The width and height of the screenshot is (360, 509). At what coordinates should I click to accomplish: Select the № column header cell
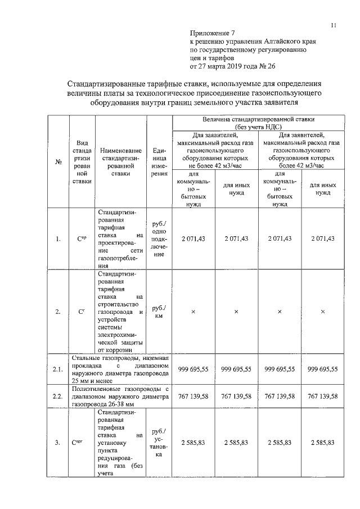[58, 163]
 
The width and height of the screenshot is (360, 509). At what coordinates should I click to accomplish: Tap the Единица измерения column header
[159, 162]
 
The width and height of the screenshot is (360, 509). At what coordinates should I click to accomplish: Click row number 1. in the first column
[58, 239]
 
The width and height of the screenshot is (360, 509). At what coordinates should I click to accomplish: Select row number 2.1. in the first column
[57, 369]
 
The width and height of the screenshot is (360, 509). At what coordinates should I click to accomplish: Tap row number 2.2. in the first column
[57, 397]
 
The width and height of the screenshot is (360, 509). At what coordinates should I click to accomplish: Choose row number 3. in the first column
[58, 443]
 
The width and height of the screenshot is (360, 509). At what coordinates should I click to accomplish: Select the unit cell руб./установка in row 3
[159, 443]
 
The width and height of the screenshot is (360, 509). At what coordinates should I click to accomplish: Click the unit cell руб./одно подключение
[159, 239]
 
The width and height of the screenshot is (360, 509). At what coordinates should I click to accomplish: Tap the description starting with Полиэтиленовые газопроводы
[120, 397]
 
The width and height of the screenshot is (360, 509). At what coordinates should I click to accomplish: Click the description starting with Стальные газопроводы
[120, 369]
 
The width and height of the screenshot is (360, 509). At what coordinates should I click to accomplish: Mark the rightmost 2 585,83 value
[322, 443]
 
